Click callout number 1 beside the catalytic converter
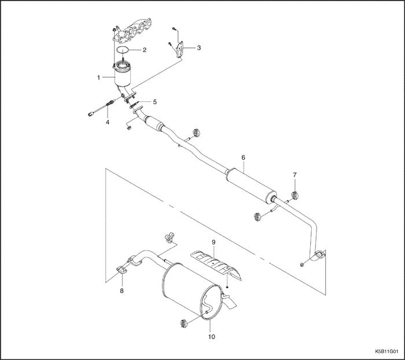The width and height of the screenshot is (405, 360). coord(99,76)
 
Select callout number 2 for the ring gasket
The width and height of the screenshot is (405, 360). coord(145,50)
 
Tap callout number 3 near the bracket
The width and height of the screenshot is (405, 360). coord(199,47)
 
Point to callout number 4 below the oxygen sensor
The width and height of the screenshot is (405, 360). coord(107,122)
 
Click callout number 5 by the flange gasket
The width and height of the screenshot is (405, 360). coord(154,102)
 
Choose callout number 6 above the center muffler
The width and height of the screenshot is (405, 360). coord(244,157)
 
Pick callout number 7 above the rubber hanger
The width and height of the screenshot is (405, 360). coord(294,174)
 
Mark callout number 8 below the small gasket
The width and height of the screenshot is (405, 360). coord(122,291)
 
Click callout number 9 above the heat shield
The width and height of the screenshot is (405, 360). coord(213,241)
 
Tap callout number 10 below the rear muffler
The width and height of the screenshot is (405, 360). coord(211,336)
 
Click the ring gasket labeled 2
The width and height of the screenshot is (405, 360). coord(122,50)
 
